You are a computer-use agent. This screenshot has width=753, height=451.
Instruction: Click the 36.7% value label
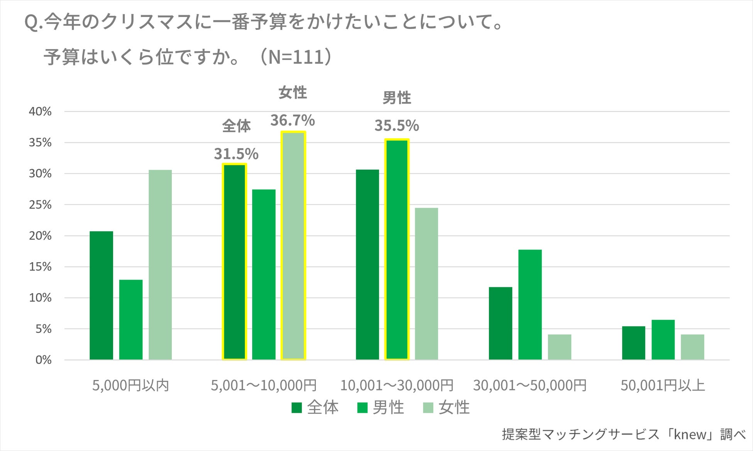point(292,120)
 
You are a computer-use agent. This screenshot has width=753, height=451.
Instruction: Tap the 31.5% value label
point(236,154)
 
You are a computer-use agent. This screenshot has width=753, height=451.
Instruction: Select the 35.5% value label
point(397,126)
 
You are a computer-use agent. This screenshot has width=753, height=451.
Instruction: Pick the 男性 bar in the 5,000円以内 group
point(131,320)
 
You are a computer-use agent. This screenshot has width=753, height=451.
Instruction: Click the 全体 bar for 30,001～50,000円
point(500,324)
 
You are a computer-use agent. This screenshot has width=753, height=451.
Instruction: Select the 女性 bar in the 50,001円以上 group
point(692,347)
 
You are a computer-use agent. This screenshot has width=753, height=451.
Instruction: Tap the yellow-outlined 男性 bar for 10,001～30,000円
point(397,250)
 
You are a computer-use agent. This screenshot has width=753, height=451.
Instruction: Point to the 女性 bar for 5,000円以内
point(160,265)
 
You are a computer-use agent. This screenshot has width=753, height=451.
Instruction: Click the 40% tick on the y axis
point(40,112)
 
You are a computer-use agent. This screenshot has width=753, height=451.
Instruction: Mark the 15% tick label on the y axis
point(40,267)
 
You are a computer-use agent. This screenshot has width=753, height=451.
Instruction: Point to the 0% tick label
point(43,360)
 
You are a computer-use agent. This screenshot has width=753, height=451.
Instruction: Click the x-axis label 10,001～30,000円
point(397,385)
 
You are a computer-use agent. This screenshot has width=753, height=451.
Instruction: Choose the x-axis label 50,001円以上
point(663,385)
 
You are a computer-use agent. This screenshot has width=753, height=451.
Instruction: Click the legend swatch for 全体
point(297,408)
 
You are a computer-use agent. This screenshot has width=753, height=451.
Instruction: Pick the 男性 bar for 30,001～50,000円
point(530,305)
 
